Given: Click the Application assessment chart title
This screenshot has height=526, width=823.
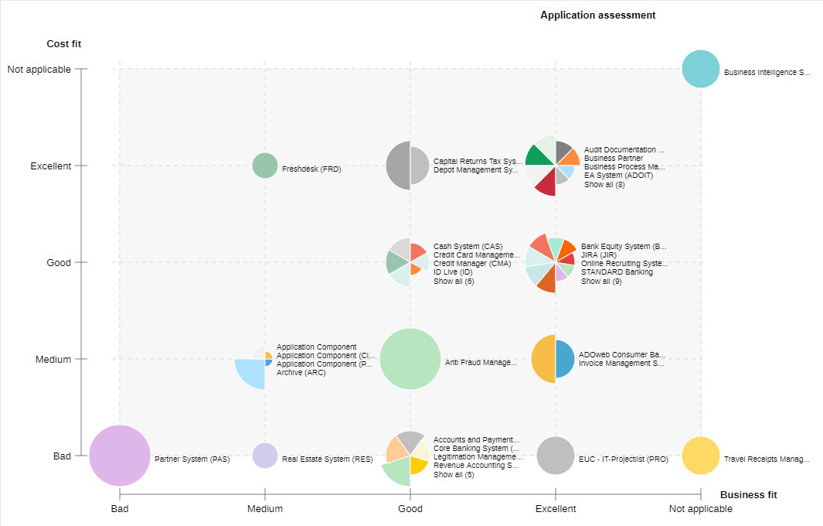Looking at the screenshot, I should coord(597,15).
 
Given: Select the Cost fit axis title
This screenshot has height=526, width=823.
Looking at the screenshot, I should coord(63,44).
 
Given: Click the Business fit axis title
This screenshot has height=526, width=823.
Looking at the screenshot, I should coord(748,494).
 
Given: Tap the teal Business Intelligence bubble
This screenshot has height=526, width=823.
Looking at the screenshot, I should coord(700,69).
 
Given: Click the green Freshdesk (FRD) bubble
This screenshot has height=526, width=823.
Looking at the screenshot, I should coord(265,166).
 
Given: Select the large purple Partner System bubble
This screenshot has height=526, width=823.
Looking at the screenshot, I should coord(120,456).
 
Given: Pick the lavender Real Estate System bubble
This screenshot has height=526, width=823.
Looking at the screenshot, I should coord(265,456).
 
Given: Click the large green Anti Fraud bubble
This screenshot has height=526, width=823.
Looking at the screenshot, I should coord(410,359).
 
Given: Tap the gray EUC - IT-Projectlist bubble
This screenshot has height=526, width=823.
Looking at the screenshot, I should coord(556,456).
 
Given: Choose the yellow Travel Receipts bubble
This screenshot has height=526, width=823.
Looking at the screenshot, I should coord(700,456).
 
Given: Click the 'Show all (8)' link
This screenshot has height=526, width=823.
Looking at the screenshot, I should coord(604,184).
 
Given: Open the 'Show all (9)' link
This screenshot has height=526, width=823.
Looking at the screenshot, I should coord(601,281).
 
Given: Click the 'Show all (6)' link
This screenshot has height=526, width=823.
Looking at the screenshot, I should coord(454,281).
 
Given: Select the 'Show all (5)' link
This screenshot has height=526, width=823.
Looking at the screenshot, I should coord(454,474).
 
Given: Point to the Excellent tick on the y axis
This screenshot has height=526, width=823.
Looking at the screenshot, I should coord(50,166).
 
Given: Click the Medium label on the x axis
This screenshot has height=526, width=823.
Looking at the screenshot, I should coord(265,509).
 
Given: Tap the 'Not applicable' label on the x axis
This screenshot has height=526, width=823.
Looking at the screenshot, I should coord(700,509).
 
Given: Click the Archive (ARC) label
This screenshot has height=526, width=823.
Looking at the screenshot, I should coord(301,372).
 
